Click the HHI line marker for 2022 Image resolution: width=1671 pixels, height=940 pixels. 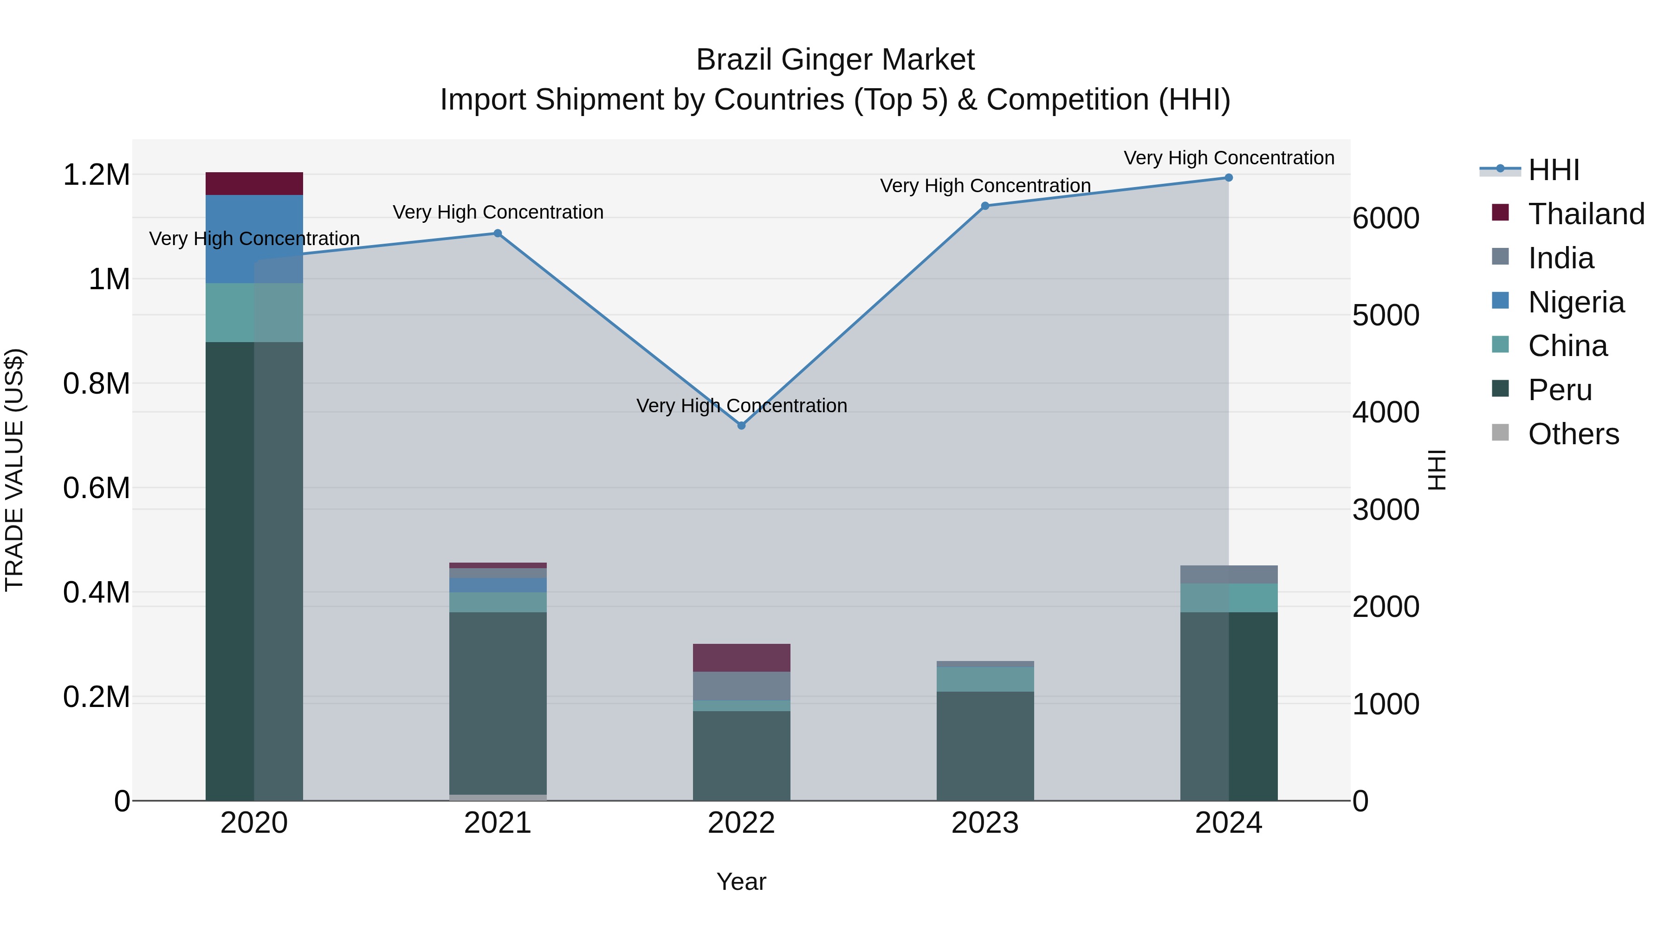[x=741, y=426]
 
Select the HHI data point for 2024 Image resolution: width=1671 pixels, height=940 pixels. [x=1229, y=178]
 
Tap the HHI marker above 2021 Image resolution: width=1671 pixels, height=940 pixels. [x=498, y=233]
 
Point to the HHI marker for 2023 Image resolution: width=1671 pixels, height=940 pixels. [x=984, y=206]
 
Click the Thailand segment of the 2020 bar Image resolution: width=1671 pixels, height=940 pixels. [x=254, y=183]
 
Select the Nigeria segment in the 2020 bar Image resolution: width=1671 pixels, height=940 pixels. [x=254, y=239]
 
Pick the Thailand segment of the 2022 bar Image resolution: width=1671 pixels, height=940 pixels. [x=741, y=658]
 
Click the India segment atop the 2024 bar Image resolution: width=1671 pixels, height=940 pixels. [x=1229, y=574]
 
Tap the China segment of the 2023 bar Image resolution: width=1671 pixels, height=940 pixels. [x=984, y=679]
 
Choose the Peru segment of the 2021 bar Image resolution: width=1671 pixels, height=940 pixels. [x=498, y=703]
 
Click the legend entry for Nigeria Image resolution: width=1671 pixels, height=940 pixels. [x=1576, y=302]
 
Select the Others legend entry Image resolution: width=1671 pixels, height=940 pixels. [x=1573, y=434]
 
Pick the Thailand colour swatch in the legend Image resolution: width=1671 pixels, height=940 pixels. [x=1500, y=213]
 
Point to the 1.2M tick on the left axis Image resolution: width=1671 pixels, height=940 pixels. [x=96, y=175]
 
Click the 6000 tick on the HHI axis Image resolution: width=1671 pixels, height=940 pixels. [x=1386, y=218]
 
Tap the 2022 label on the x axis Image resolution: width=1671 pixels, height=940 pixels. [x=741, y=823]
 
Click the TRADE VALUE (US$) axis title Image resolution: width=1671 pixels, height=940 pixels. [x=14, y=470]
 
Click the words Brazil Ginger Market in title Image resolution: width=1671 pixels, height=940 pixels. [x=835, y=60]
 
